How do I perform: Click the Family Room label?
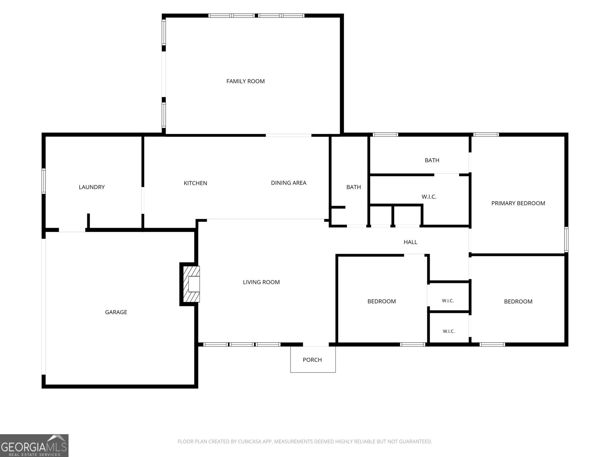pyautogui.click(x=246, y=81)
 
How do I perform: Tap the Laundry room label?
pyautogui.click(x=92, y=187)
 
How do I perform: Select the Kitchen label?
pyautogui.click(x=195, y=183)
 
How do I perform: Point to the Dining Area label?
pyautogui.click(x=289, y=183)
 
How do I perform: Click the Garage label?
pyautogui.click(x=116, y=312)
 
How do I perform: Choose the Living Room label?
pyautogui.click(x=261, y=282)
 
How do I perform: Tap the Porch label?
pyautogui.click(x=312, y=360)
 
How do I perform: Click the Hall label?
pyautogui.click(x=410, y=242)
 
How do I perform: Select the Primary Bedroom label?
pyautogui.click(x=518, y=203)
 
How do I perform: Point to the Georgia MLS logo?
pyautogui.click(x=34, y=446)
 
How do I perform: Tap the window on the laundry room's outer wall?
pyautogui.click(x=43, y=181)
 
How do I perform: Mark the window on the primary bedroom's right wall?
pyautogui.click(x=566, y=240)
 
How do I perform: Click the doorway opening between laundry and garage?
pyautogui.click(x=72, y=230)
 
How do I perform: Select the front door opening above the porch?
pyautogui.click(x=316, y=345)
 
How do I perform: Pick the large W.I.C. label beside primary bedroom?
pyautogui.click(x=429, y=197)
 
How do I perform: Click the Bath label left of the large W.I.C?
pyautogui.click(x=353, y=187)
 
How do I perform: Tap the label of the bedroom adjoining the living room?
pyautogui.click(x=382, y=301)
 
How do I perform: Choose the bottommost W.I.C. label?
pyautogui.click(x=448, y=331)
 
